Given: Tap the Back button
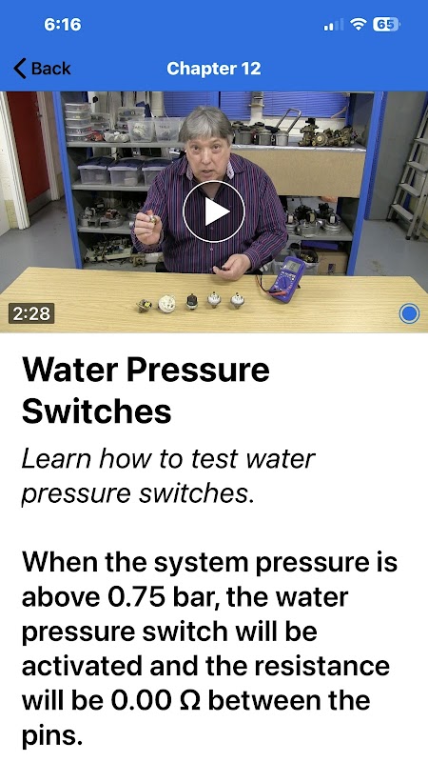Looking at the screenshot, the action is tap(42, 69).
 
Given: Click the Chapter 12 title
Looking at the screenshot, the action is tap(213, 69).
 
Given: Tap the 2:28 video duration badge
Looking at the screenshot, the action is tap(31, 313).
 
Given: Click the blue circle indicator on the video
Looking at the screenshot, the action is tap(409, 313).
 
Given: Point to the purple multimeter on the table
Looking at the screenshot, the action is tap(287, 280).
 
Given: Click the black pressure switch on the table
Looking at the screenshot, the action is tap(192, 301).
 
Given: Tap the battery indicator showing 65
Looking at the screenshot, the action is tap(386, 25).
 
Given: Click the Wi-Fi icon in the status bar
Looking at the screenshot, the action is tap(359, 25).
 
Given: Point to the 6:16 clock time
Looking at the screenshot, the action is tap(63, 25).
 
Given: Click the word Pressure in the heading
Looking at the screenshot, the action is tap(198, 370).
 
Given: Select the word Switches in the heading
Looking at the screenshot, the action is tap(97, 411).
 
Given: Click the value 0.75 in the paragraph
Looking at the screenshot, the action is tap(137, 597).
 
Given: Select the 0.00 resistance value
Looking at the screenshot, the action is tap(141, 701).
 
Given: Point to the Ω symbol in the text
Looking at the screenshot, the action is tap(189, 701).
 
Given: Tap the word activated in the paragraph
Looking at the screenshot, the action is tap(83, 666).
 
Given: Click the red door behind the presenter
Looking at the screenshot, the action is tap(28, 146).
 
